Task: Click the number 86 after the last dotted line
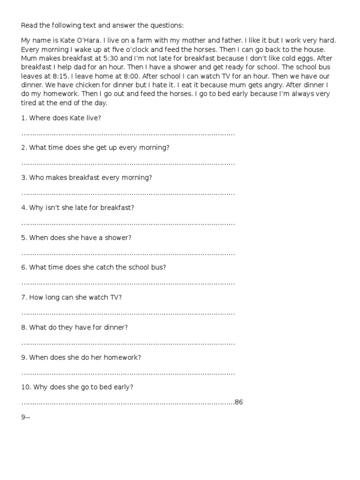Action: pyautogui.click(x=239, y=402)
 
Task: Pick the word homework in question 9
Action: pyautogui.click(x=123, y=357)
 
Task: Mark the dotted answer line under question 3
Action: pyautogui.click(x=127, y=193)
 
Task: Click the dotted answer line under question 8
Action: pyautogui.click(x=127, y=343)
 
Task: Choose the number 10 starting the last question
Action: pyautogui.click(x=25, y=387)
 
